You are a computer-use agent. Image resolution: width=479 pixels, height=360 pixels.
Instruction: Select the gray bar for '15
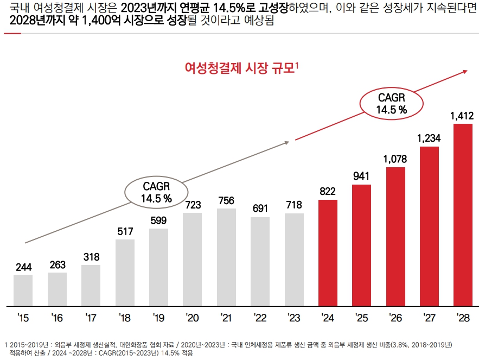pyautogui.click(x=23, y=290)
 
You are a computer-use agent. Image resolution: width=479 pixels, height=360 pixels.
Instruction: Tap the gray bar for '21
pyautogui.click(x=226, y=257)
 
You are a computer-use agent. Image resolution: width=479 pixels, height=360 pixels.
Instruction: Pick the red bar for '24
pyautogui.click(x=328, y=252)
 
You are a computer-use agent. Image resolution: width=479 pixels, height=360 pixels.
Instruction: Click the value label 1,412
pyautogui.click(x=462, y=116)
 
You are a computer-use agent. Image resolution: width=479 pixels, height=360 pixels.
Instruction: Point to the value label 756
pyautogui.click(x=226, y=201)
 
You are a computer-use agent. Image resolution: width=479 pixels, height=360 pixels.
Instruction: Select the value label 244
pyautogui.click(x=23, y=267)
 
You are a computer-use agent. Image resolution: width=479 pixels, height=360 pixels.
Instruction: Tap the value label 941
pyautogui.click(x=361, y=176)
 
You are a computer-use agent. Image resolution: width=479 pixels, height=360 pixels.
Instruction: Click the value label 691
pyautogui.click(x=260, y=209)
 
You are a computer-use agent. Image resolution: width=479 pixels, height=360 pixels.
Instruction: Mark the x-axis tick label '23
pyautogui.click(x=293, y=317)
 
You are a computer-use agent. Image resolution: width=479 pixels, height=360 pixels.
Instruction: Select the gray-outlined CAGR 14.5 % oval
pyautogui.click(x=156, y=192)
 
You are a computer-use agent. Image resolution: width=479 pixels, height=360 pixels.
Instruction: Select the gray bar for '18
pyautogui.click(x=125, y=272)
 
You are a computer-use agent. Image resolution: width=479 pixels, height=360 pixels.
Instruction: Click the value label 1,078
pyautogui.click(x=395, y=159)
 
